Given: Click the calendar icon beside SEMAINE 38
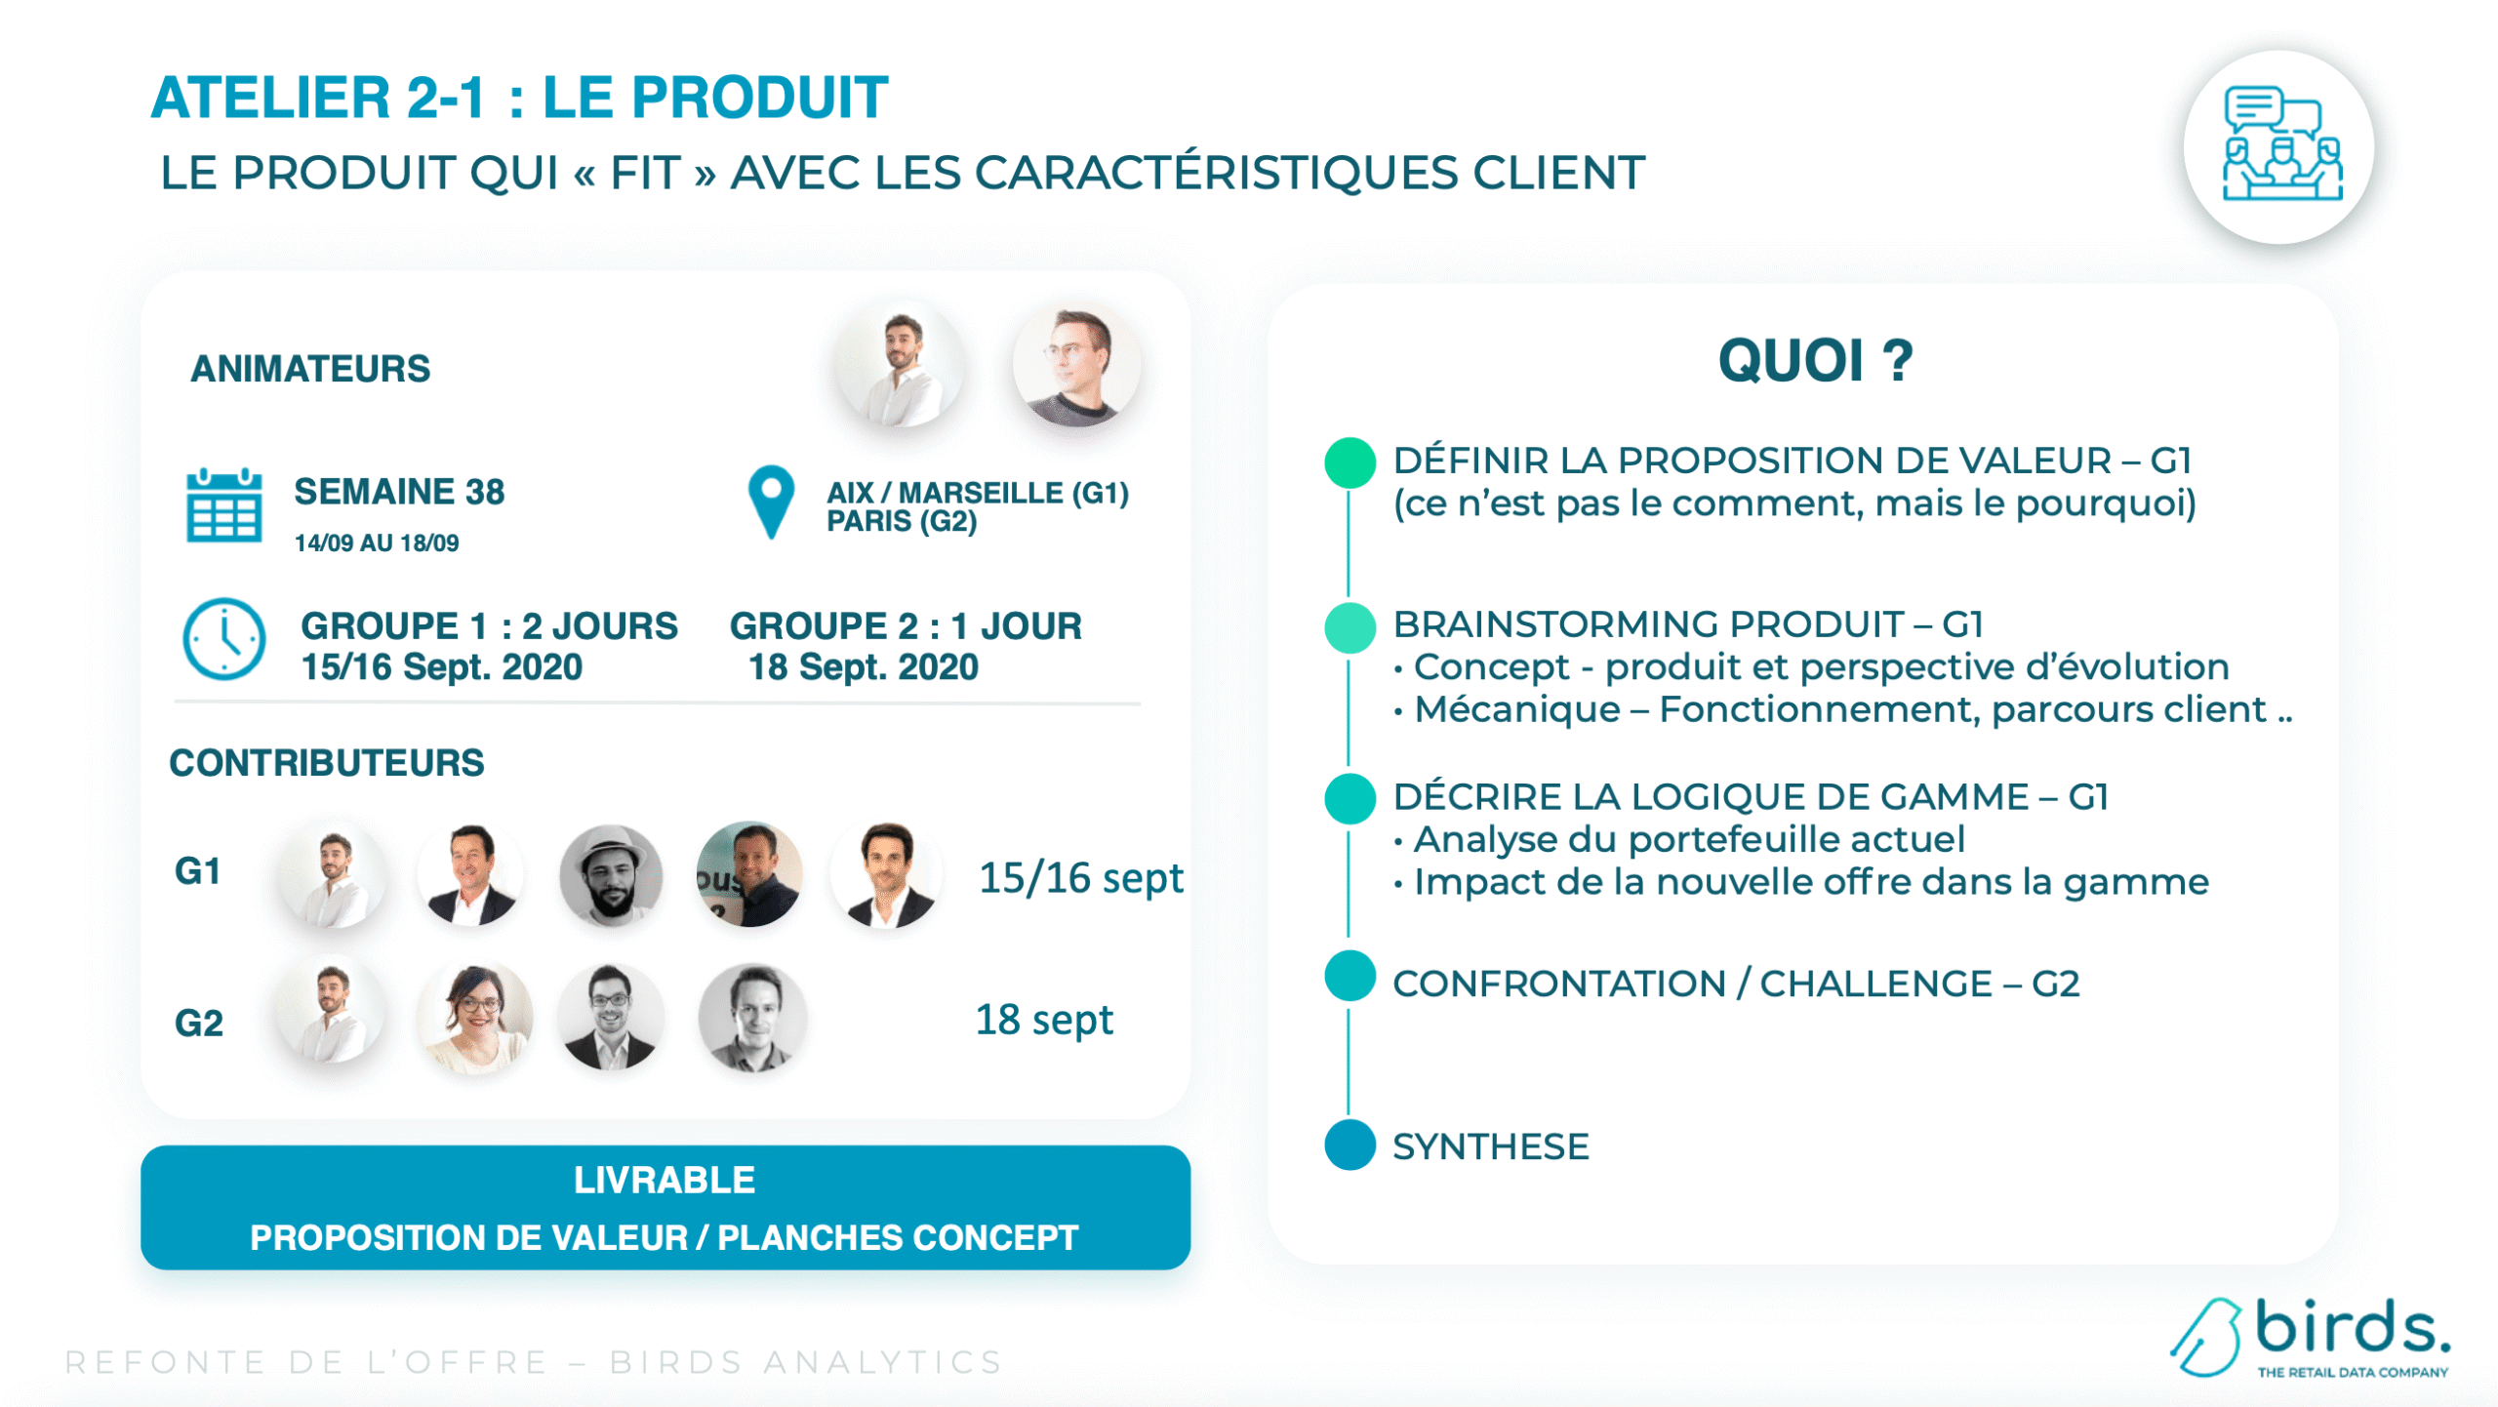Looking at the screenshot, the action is tap(223, 504).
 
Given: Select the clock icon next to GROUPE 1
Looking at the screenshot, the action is tap(224, 639).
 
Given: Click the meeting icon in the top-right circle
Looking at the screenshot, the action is tap(2281, 143).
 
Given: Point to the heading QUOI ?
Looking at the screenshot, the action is tap(1816, 360).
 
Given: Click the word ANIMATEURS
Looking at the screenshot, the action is tap(310, 369).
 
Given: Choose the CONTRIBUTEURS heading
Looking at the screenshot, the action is tap(327, 763).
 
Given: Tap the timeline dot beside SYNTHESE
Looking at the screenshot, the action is tap(1350, 1145).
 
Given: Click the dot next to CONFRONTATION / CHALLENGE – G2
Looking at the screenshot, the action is tap(1350, 976).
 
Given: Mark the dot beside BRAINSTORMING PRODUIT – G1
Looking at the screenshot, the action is tap(1350, 627).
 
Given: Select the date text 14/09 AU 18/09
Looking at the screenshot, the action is tap(377, 543).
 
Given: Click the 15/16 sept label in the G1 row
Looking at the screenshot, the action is tap(1081, 878).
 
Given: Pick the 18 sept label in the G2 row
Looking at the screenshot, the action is tap(1044, 1021).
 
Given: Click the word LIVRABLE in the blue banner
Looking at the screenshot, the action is tap(665, 1181).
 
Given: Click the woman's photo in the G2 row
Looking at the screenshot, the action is tap(475, 1017).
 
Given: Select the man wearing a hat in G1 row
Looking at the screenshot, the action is tap(611, 875).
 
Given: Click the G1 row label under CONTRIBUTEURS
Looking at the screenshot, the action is tap(197, 871).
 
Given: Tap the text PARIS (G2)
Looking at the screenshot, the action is tap(902, 521).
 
